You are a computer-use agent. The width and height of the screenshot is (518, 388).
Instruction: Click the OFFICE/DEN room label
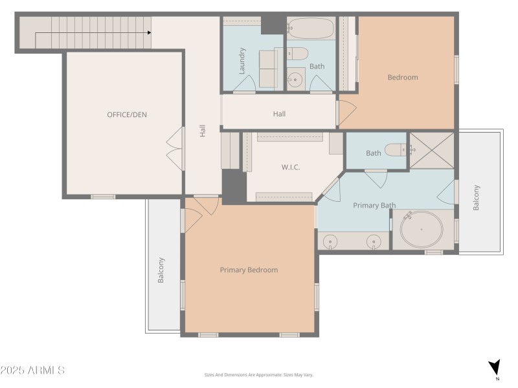127,115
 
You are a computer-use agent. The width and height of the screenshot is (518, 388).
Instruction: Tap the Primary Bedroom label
249,270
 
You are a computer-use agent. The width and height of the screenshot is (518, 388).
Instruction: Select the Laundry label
242,61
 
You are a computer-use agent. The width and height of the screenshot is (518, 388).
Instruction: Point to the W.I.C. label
291,167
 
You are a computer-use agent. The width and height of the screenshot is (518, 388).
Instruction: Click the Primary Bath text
374,206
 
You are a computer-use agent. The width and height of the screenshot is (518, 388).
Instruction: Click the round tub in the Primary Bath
422,230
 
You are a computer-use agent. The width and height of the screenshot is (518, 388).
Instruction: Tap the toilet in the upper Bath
297,54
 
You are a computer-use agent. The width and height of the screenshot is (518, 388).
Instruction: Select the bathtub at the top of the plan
311,28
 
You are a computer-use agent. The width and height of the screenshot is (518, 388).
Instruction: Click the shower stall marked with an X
432,151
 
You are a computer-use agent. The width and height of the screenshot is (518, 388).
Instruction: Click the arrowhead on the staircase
150,33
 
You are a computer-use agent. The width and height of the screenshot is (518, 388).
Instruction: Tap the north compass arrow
495,367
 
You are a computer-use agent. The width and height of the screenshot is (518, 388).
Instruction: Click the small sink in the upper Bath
295,79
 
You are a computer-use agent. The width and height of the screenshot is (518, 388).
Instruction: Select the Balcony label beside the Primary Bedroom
161,270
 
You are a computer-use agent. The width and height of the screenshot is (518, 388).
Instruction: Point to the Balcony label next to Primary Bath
476,198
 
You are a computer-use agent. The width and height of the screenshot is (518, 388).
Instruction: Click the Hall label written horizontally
279,114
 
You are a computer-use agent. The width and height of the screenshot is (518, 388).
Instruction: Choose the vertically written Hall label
203,131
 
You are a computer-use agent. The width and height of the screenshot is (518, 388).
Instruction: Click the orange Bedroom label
403,78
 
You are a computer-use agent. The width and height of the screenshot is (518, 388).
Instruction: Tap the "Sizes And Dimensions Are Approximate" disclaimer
258,375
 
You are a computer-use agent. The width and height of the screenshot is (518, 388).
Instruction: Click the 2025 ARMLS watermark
32,370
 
